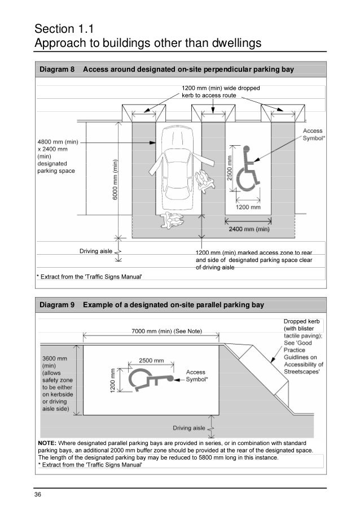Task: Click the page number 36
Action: pos(38,495)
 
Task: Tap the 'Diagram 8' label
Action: pos(56,70)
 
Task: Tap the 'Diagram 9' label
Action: pos(56,306)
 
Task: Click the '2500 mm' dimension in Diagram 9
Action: pos(151,360)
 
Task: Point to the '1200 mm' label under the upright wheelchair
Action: pos(248,207)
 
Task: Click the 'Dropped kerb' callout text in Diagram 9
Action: pos(301,321)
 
